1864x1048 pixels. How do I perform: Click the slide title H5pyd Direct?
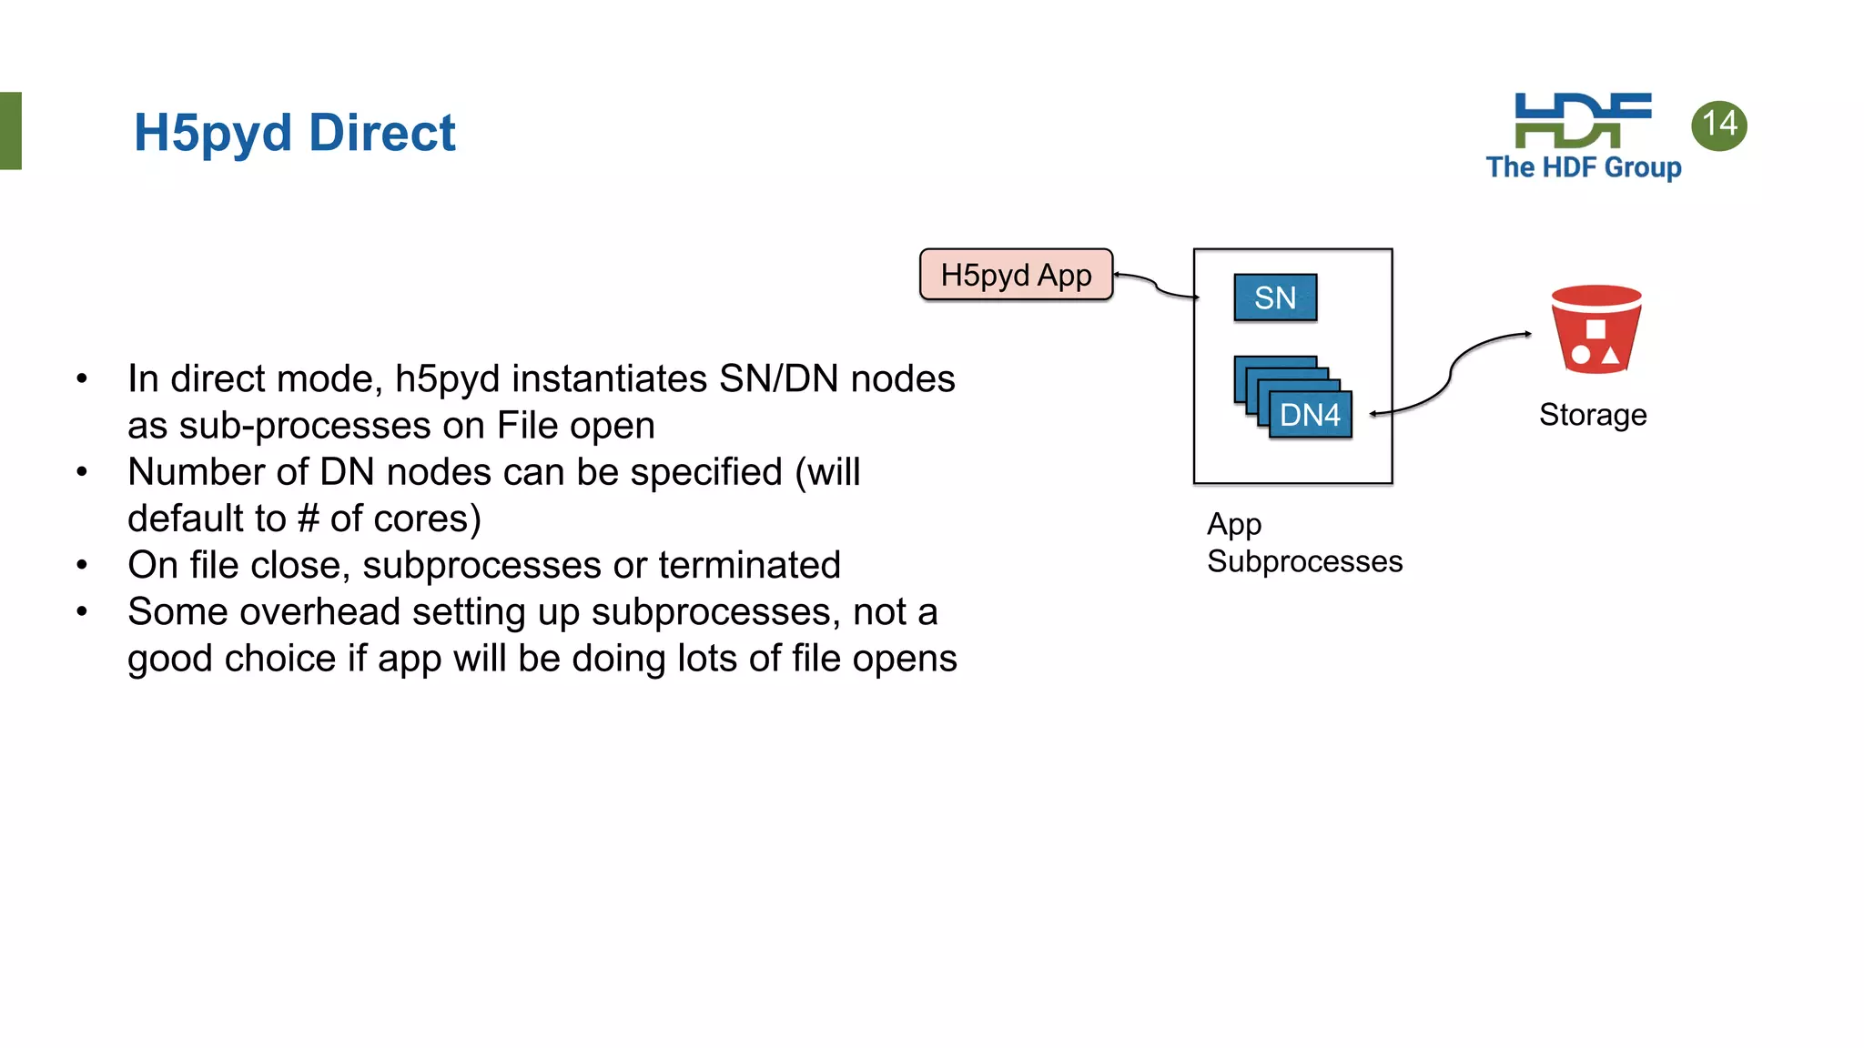click(294, 133)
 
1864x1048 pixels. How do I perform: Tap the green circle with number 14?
click(1718, 126)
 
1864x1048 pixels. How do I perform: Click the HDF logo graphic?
click(1582, 120)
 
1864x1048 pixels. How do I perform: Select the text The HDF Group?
click(1583, 167)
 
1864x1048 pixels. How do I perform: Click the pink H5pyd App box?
click(1016, 275)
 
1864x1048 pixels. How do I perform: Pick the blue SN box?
click(1275, 297)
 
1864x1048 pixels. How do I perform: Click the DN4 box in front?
click(1310, 415)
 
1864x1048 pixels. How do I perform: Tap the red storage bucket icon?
click(1596, 329)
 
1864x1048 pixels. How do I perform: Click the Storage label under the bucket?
click(1593, 415)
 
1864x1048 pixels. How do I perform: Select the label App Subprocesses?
click(1303, 543)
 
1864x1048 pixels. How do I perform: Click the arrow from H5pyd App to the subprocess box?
click(1156, 287)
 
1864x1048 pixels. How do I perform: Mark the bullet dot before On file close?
click(82, 565)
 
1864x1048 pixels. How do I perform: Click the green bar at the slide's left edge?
click(10, 130)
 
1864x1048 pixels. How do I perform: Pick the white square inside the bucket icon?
click(1596, 329)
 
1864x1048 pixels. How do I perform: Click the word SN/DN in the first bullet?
click(778, 378)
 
